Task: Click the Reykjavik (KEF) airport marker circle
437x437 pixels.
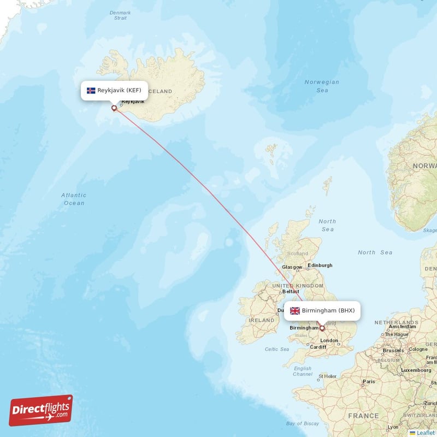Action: coord(114,108)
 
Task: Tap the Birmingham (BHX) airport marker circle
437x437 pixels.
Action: coord(322,328)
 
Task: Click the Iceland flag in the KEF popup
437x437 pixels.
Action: coord(91,90)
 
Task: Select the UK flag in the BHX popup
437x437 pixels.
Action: coord(295,311)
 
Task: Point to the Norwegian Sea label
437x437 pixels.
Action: coord(322,86)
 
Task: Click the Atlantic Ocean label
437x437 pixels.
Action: coord(73,199)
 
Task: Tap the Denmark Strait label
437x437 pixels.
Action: coord(120,15)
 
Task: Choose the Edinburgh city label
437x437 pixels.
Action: coord(320,265)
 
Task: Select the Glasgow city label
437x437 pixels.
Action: coord(292,267)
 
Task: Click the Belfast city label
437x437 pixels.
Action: coord(291,292)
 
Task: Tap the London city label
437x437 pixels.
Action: coord(329,340)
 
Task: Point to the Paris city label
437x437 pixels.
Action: coord(370,382)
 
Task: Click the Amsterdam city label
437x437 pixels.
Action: coord(403,327)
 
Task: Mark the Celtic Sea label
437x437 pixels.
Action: coord(276,349)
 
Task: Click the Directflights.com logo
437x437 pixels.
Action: coord(41,411)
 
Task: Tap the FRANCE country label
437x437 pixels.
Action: coord(364,416)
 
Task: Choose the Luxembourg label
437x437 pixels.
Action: coord(416,370)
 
